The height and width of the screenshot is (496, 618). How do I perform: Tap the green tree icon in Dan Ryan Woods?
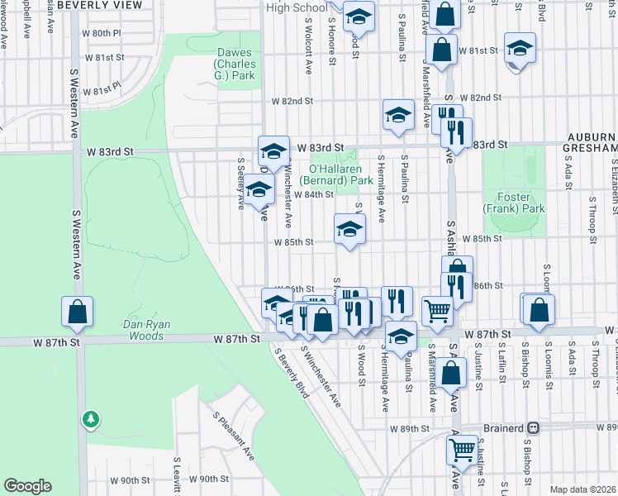click(90, 420)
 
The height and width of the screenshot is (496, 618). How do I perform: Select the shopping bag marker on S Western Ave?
click(77, 312)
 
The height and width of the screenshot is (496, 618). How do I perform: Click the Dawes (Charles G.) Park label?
click(234, 64)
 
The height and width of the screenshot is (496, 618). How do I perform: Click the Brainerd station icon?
click(534, 428)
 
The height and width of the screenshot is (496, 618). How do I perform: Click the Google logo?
click(27, 486)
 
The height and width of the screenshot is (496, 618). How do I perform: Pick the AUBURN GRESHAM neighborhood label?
click(591, 141)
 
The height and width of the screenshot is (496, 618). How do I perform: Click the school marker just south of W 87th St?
click(401, 336)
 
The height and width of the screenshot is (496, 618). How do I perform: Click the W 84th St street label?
click(313, 195)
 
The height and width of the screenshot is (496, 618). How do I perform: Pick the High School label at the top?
click(297, 7)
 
